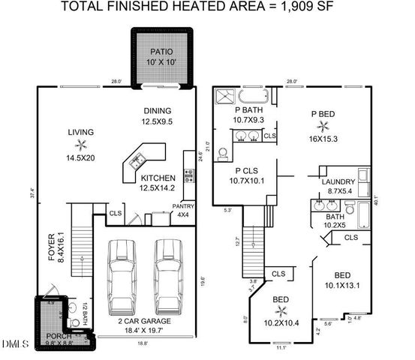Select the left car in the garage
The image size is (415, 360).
[121, 274]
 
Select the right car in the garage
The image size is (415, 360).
[168, 274]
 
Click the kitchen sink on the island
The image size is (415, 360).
[138, 160]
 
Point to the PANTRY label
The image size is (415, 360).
[182, 205]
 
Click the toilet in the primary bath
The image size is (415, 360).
[223, 154]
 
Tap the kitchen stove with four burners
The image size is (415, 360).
[188, 177]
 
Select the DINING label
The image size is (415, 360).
[158, 110]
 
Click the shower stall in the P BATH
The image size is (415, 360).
[225, 96]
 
